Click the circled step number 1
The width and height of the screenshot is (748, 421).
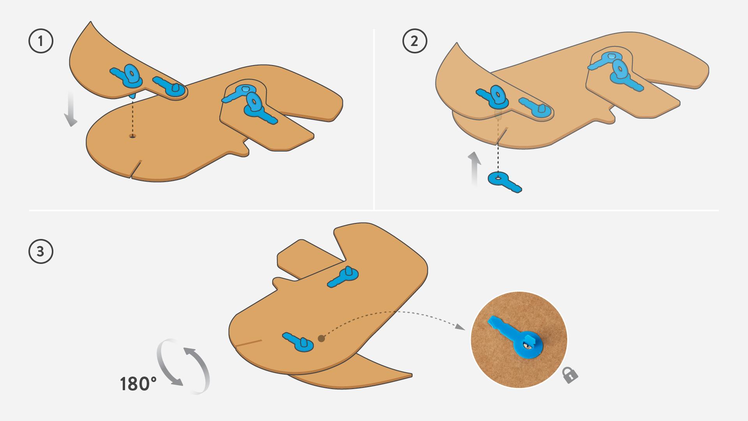[41, 41]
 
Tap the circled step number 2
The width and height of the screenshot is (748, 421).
[415, 41]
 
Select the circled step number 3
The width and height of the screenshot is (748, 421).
[41, 251]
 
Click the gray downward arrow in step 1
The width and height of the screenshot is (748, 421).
[71, 109]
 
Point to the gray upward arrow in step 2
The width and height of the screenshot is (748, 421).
[474, 170]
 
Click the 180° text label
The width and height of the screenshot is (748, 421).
[138, 384]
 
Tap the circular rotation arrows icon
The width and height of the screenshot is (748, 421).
[183, 366]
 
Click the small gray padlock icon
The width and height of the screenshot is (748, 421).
[570, 375]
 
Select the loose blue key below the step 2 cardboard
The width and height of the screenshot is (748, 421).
[505, 182]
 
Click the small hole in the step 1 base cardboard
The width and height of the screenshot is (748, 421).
[132, 136]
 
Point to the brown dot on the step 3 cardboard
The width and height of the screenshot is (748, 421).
[321, 338]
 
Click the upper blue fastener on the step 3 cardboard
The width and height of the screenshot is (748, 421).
[342, 277]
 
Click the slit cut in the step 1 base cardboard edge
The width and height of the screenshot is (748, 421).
[136, 168]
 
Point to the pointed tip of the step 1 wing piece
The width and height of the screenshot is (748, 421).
[91, 22]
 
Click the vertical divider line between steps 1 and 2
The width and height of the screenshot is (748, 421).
[374, 119]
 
